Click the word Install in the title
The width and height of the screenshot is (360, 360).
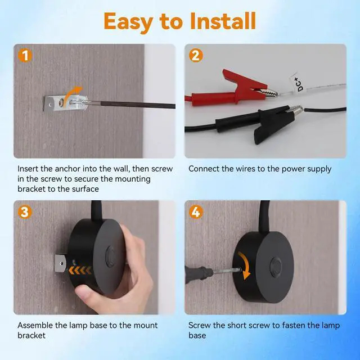[x=223, y=21]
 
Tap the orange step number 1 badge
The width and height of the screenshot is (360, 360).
[x=25, y=55]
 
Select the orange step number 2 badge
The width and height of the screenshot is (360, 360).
[x=196, y=55]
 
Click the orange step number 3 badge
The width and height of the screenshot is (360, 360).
[x=25, y=211]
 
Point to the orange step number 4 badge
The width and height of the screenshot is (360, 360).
[x=196, y=211]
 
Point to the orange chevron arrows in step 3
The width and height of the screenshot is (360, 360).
[x=80, y=270]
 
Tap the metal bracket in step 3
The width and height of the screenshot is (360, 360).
[x=60, y=263]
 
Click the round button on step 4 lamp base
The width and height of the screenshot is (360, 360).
[x=275, y=268]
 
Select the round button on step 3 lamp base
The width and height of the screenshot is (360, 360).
[x=110, y=256]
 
